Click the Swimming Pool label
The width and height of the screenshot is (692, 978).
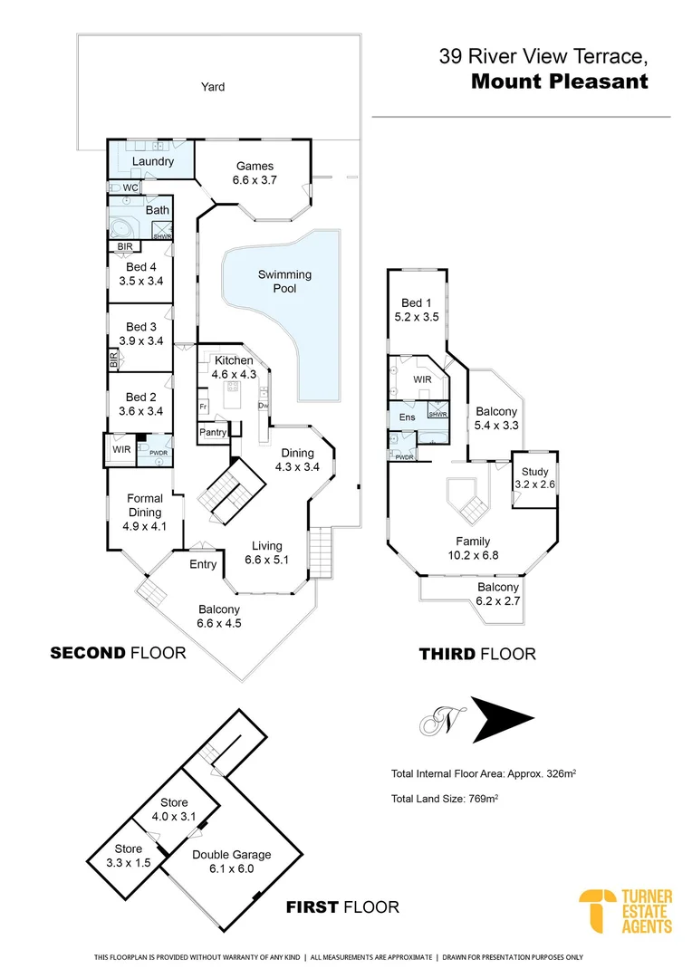point(284,282)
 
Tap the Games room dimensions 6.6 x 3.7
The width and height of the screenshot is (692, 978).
point(255,179)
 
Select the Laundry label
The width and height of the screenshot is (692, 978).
point(153,161)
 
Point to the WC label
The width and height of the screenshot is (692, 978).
point(130,187)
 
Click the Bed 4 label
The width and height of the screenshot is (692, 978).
point(141,267)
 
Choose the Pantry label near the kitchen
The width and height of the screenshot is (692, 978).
point(213,432)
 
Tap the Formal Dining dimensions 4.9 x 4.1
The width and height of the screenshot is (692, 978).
point(145,526)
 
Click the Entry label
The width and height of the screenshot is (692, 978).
point(203,564)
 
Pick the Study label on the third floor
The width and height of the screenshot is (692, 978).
point(534,472)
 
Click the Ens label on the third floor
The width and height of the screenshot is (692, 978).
point(407,417)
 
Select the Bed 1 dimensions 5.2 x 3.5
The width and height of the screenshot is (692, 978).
point(417,316)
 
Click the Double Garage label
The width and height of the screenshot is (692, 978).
point(232,855)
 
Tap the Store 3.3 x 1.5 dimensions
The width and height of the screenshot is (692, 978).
point(128,863)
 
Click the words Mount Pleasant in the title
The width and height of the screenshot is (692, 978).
point(560,81)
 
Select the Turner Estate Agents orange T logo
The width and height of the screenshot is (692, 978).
point(597,911)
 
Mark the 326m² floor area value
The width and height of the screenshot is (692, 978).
point(561,773)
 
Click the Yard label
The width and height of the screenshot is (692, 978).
point(213,87)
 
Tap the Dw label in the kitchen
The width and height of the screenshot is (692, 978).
point(264,406)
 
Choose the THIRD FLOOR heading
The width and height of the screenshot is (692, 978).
point(477,654)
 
